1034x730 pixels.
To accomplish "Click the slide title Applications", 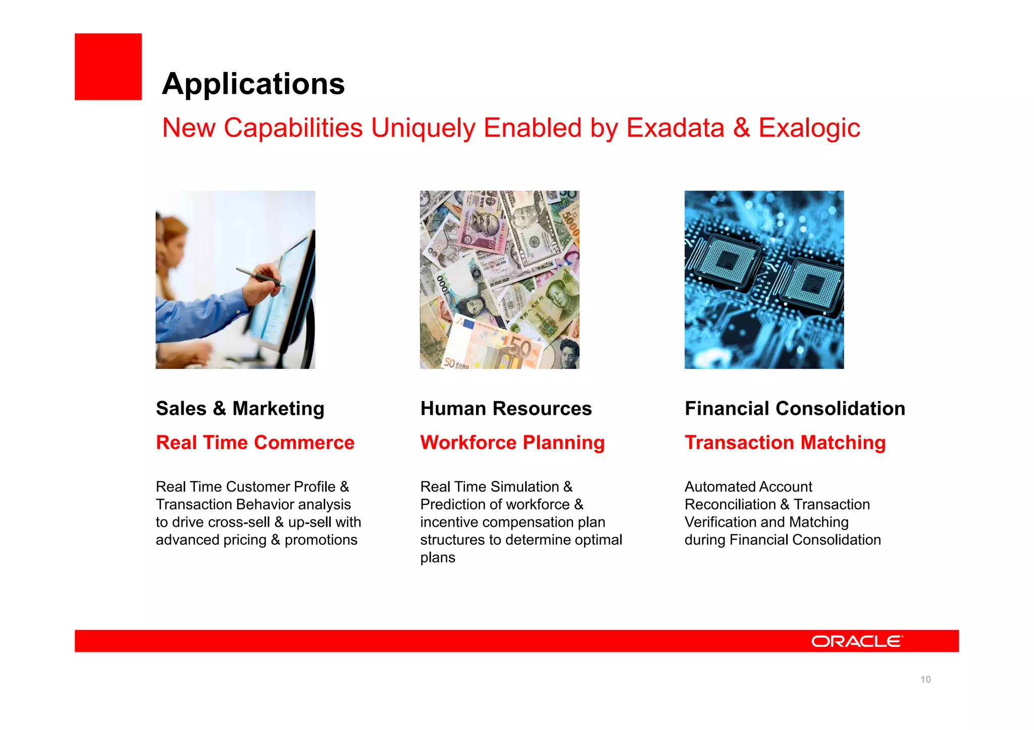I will click(253, 84).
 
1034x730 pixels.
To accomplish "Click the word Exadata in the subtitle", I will click(675, 128).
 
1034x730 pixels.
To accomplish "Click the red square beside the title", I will click(108, 67).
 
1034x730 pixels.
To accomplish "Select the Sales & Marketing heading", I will click(240, 408).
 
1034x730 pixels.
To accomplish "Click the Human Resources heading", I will click(505, 408).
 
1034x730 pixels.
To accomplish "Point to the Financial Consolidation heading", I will click(795, 408).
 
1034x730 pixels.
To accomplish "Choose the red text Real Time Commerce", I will click(255, 442).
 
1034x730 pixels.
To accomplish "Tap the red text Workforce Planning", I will click(512, 442).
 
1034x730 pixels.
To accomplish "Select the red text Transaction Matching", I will click(785, 442).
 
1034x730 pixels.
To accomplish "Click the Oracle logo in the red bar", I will click(856, 641).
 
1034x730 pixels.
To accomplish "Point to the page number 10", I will click(925, 680).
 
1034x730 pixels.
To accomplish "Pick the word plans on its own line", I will click(437, 557).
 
